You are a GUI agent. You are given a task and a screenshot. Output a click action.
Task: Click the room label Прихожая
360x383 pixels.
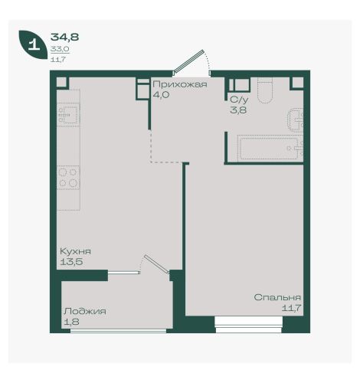click(180, 85)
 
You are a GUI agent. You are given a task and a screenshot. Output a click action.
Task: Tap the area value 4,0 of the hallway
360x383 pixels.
click(161, 95)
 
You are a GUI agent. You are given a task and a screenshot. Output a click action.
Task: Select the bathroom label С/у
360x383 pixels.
click(239, 100)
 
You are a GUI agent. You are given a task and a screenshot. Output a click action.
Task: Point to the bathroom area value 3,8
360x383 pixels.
click(238, 110)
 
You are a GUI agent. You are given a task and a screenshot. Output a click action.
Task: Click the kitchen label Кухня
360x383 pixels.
click(75, 251)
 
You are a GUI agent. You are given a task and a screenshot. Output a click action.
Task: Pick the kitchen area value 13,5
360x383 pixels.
click(71, 262)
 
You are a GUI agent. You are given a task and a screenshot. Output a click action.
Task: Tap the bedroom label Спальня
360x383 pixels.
click(277, 297)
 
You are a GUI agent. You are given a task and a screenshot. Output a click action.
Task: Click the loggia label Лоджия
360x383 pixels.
click(85, 312)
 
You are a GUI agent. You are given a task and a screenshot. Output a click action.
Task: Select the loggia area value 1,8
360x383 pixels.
click(71, 322)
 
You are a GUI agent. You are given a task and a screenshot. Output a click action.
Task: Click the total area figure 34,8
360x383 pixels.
click(64, 38)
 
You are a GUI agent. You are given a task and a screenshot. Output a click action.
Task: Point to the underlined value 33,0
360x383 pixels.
click(60, 49)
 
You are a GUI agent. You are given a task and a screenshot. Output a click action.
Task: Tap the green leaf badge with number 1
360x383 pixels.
click(33, 44)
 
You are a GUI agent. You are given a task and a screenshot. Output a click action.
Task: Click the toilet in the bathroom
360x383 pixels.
click(265, 90)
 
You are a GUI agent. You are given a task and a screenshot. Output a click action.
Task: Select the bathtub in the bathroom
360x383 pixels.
click(270, 149)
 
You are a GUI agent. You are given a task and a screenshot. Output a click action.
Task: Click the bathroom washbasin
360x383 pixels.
click(295, 120)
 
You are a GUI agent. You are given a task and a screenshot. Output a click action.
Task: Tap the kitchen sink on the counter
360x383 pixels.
click(68, 115)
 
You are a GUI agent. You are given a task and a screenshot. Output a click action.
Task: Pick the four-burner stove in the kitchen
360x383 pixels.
click(68, 178)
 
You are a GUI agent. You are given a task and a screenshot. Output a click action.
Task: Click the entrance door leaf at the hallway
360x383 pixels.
click(188, 61)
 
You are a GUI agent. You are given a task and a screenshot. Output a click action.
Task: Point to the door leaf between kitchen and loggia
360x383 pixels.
click(157, 264)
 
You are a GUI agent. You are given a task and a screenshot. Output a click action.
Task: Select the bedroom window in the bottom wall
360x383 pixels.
click(248, 325)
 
